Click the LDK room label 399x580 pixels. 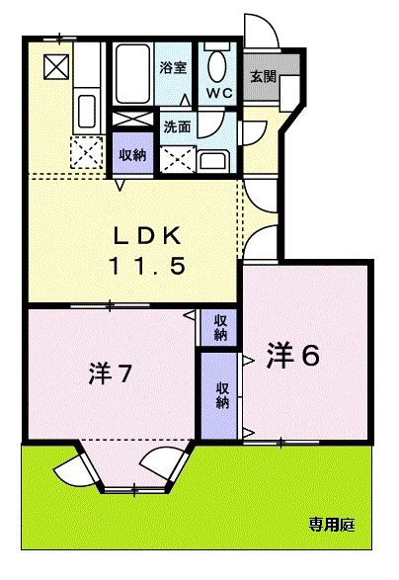[x=144, y=236]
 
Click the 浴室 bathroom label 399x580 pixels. [x=173, y=67]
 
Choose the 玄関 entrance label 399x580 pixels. [x=262, y=76]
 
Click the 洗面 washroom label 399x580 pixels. [x=177, y=126]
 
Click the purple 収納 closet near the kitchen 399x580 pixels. [x=132, y=155]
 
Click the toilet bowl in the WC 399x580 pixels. [x=217, y=68]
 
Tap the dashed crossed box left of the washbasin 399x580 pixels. [x=178, y=158]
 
